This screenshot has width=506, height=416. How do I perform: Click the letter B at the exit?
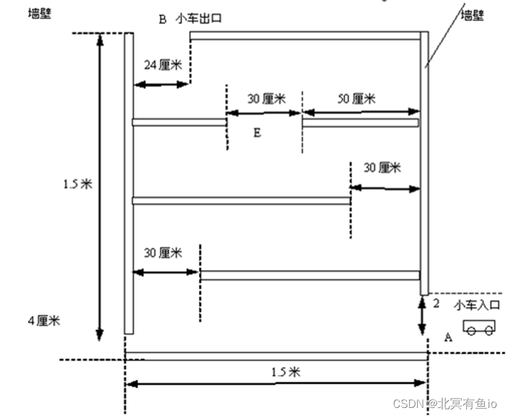click(162, 19)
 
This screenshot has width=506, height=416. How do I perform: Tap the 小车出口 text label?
click(199, 19)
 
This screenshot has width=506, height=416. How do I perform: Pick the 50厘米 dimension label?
click(357, 98)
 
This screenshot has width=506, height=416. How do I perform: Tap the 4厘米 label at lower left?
click(44, 321)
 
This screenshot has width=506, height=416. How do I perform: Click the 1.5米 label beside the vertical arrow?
click(77, 185)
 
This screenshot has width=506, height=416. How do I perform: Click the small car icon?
click(479, 327)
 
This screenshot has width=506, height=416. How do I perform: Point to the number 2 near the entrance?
click(436, 303)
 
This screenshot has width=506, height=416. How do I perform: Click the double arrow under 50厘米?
click(361, 113)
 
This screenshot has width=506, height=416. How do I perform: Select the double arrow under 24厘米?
click(160, 83)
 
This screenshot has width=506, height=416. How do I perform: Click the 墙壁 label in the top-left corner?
click(39, 12)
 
